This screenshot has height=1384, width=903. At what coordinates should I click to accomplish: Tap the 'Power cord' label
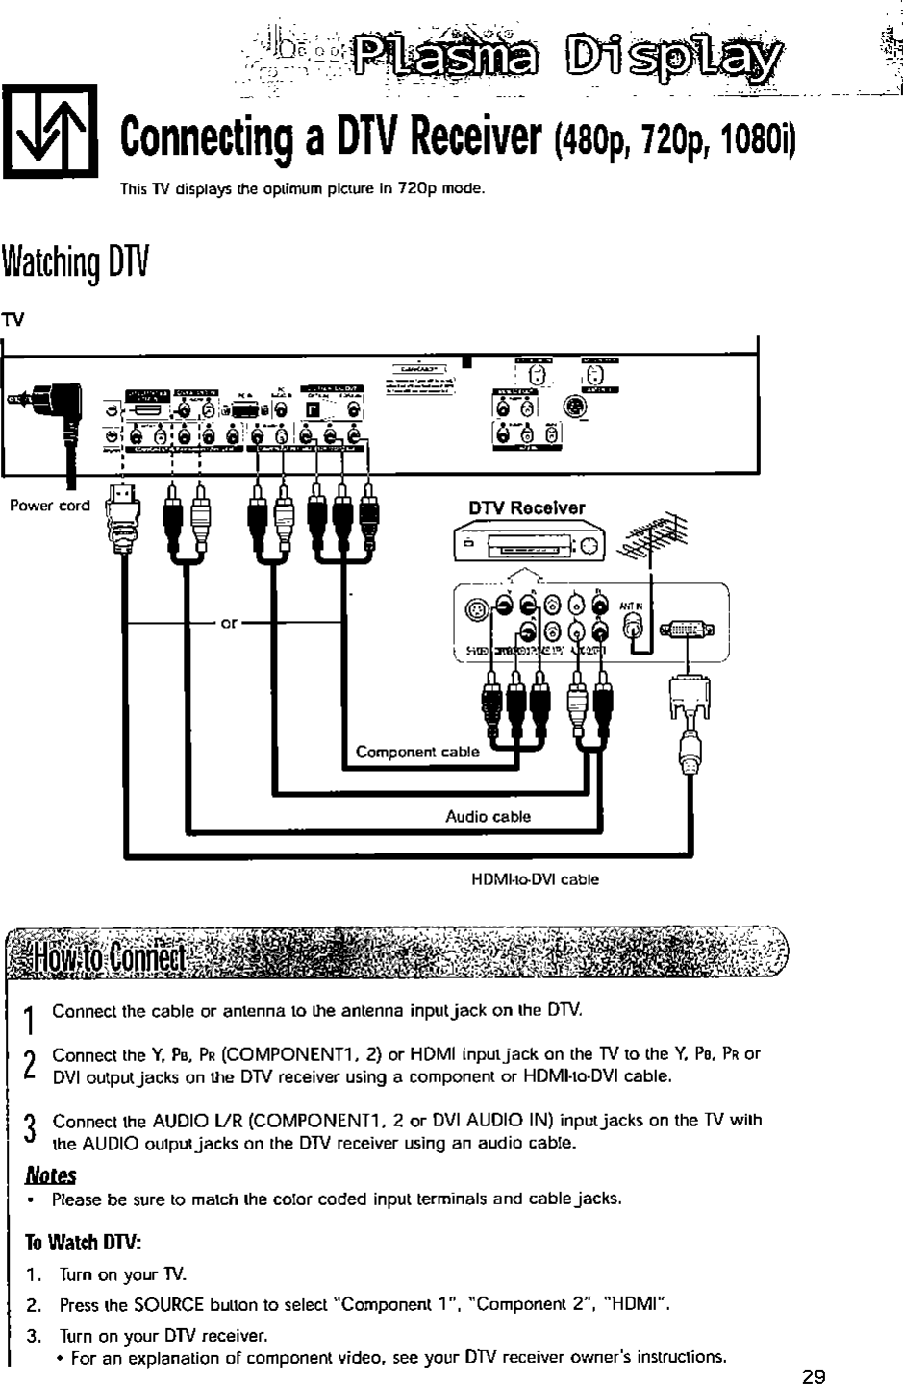[x=49, y=506]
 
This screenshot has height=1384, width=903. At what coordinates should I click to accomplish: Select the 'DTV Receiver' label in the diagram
[x=526, y=507]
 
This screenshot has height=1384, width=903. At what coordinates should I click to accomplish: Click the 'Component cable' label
[x=416, y=752]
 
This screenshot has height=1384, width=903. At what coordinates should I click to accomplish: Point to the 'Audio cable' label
[x=488, y=817]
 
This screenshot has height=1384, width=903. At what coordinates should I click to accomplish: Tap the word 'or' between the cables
[x=229, y=623]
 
